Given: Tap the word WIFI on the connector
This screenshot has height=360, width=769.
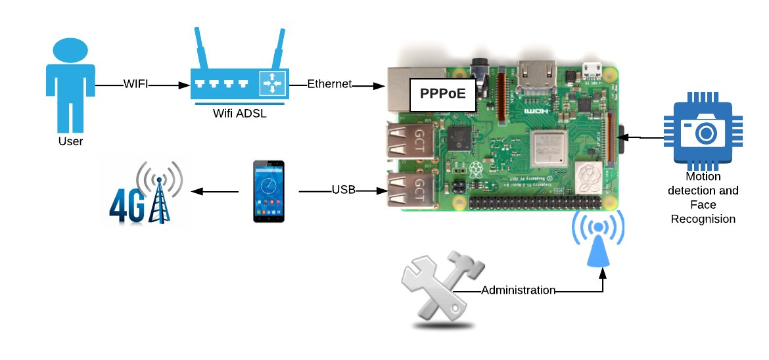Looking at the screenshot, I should point(135,84).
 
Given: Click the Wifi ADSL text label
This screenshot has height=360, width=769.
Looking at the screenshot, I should point(239,113).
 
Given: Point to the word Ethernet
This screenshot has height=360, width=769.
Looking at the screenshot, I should point(330,84).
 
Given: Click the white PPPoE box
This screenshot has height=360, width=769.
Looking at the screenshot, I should point(443,94).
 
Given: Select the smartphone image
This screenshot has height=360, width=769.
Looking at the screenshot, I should point(269,191).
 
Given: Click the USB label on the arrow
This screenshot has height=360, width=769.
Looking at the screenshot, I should point(344,191).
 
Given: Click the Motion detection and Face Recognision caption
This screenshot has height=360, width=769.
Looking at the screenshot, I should point(703,197).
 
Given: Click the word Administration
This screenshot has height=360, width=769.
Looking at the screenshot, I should point(519,290).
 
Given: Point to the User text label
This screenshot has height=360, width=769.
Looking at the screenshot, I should point(70,141).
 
